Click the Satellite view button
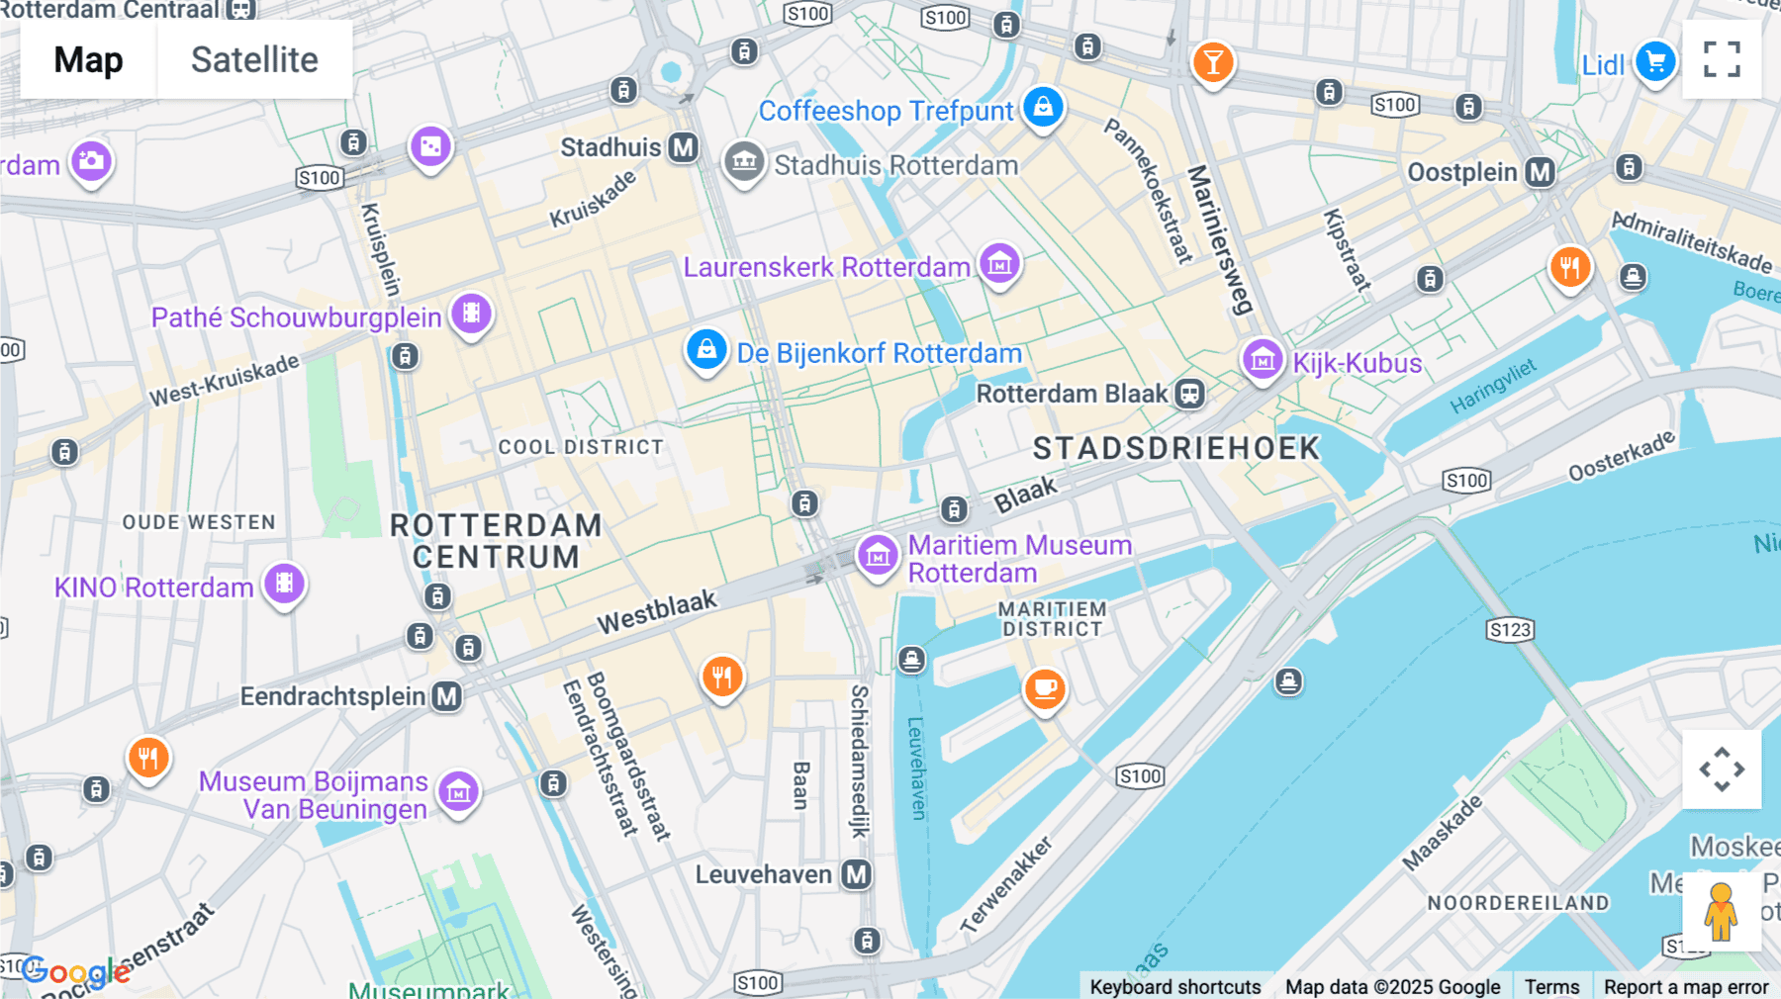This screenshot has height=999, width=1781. tap(254, 59)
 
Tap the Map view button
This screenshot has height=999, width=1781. tap(88, 59)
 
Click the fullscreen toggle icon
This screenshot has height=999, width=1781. tap(1722, 59)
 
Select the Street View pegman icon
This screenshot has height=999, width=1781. tap(1721, 911)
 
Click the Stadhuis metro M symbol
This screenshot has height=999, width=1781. tap(683, 147)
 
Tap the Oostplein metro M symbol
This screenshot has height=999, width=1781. tap(1540, 172)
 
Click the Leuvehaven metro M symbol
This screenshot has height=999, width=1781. tap(856, 874)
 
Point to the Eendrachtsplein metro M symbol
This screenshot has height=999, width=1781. tap(447, 696)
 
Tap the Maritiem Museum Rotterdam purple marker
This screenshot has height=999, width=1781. tap(877, 555)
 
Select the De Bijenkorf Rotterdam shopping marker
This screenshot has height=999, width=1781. tap(706, 349)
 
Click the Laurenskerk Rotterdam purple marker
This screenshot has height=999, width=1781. tap(999, 263)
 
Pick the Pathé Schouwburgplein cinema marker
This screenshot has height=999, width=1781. tap(472, 314)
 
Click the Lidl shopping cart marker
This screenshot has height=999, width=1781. tap(1655, 61)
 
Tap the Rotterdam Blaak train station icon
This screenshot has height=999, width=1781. tap(1189, 394)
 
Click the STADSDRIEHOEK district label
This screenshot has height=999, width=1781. tap(1175, 448)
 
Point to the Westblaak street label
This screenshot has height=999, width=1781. tap(657, 612)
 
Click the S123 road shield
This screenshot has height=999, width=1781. tap(1510, 630)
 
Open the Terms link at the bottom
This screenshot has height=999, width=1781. tap(1551, 986)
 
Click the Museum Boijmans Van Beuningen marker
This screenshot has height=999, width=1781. tap(458, 791)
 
